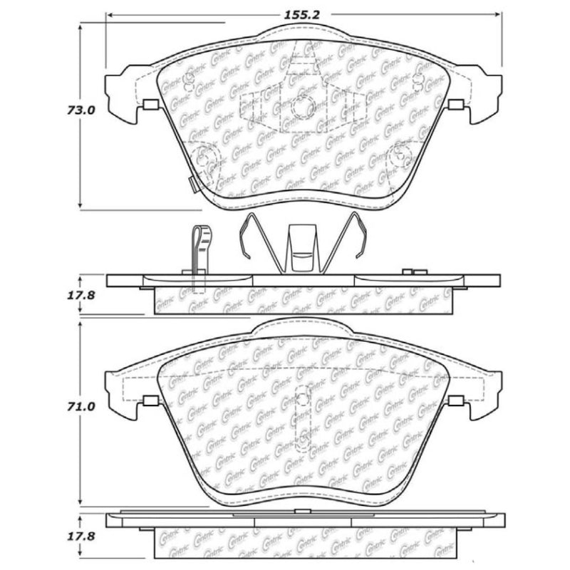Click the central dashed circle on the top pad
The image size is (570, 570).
tap(304, 107)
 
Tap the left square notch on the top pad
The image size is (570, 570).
tap(150, 105)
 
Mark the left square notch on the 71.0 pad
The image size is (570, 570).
tap(150, 401)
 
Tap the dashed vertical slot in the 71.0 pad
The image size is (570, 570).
tap(304, 417)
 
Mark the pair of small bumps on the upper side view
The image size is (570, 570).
tap(413, 271)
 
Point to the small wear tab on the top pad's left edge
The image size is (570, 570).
tap(191, 182)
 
